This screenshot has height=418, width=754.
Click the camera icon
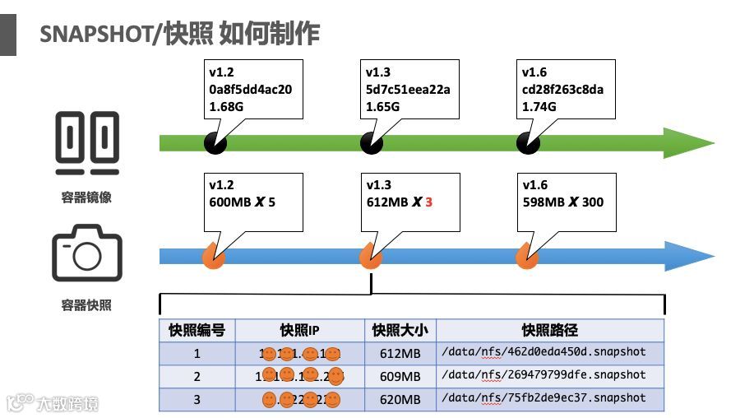click(x=86, y=253)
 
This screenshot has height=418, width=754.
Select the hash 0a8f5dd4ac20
click(x=249, y=89)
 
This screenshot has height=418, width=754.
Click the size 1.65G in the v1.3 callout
click(x=383, y=106)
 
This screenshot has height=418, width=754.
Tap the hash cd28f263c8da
click(x=562, y=89)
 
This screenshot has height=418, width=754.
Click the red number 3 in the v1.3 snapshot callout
click(x=428, y=202)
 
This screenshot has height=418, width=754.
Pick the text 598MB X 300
click(x=562, y=202)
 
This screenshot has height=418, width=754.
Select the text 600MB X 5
click(x=242, y=202)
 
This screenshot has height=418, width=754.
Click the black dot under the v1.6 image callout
click(x=527, y=143)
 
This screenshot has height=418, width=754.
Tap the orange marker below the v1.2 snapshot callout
click(x=215, y=258)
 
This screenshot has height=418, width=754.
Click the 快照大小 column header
click(x=400, y=331)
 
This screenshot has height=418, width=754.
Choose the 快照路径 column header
click(x=549, y=331)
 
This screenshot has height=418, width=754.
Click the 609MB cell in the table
click(x=400, y=376)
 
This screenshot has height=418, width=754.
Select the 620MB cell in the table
click(x=400, y=399)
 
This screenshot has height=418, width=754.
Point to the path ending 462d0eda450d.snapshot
click(x=544, y=352)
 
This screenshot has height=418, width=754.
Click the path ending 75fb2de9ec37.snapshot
click(x=544, y=398)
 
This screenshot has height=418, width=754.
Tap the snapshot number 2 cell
click(x=197, y=376)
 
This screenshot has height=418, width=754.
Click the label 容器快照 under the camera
click(x=86, y=305)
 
